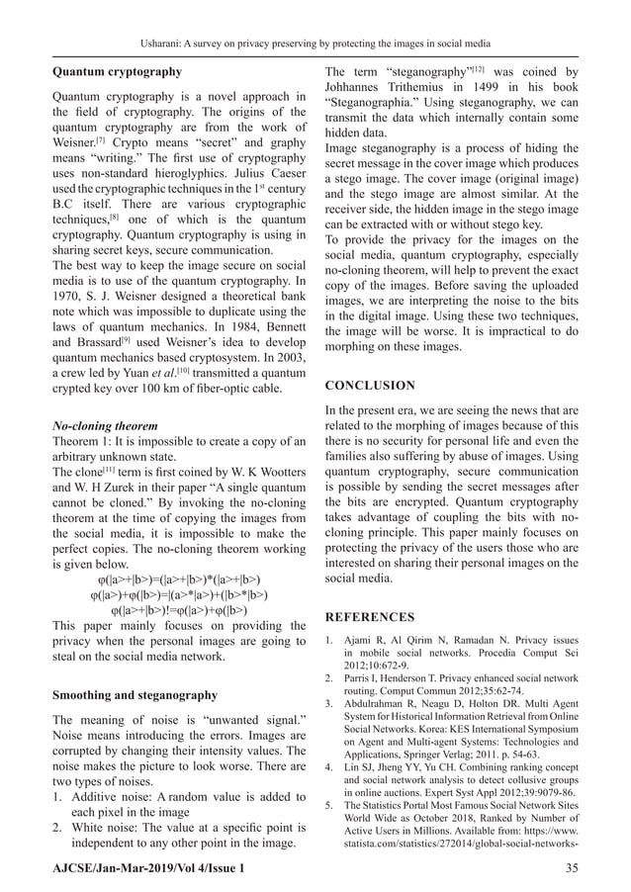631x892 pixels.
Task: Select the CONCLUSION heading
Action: click(370, 385)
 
